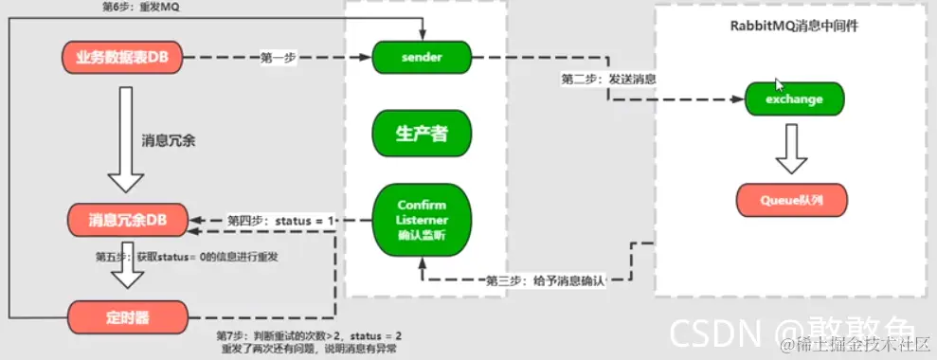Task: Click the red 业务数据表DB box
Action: [123, 58]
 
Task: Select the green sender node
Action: [422, 57]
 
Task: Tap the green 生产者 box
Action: [422, 133]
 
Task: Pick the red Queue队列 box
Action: [792, 200]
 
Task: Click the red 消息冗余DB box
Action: [123, 220]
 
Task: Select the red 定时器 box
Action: [123, 314]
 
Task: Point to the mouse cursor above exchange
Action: [779, 84]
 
